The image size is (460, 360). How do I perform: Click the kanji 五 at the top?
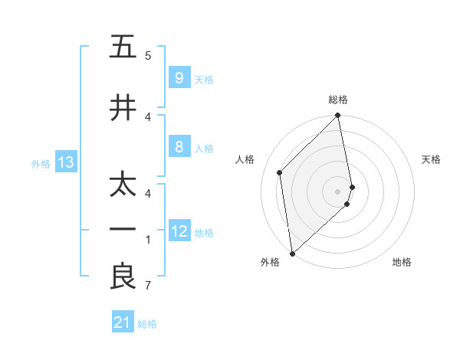[123, 47]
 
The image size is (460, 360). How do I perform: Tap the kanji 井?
[123, 108]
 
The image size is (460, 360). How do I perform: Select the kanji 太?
[123, 185]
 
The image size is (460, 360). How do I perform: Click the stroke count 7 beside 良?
[148, 286]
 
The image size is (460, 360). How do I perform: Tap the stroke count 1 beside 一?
[148, 240]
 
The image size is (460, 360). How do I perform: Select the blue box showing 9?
[179, 78]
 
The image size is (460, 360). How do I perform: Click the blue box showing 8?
[179, 147]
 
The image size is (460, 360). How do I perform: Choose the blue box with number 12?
[179, 231]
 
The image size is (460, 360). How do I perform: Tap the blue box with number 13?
[65, 162]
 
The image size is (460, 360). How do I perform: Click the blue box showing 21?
[123, 323]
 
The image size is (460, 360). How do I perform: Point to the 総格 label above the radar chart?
[338, 100]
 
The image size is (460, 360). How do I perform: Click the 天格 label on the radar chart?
[431, 159]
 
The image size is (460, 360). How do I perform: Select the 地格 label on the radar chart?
[402, 262]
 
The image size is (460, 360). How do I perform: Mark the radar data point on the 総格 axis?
[338, 116]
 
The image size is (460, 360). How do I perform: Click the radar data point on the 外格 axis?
[291, 253]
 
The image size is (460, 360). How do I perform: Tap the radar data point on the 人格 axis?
[280, 172]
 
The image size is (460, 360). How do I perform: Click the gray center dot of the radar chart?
[338, 191]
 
